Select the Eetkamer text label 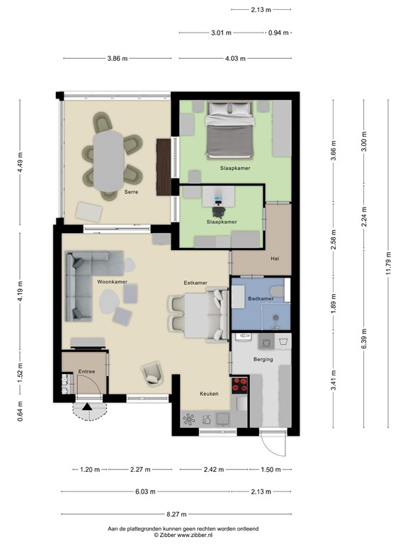195,283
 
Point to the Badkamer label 260,299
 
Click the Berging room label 263,359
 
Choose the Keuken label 209,393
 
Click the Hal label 276,259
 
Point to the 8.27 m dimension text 175,514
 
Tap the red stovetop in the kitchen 240,385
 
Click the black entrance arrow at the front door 86,407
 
